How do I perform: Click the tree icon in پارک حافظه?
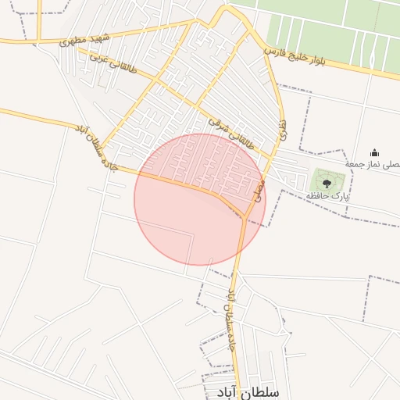[x=327, y=183]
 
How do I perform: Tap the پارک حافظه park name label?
[x=327, y=195]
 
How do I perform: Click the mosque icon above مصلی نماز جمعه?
[x=374, y=152]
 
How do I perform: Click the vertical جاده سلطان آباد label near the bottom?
[x=231, y=321]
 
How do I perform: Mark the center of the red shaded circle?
[x=200, y=199]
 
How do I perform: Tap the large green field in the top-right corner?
[x=336, y=31]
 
